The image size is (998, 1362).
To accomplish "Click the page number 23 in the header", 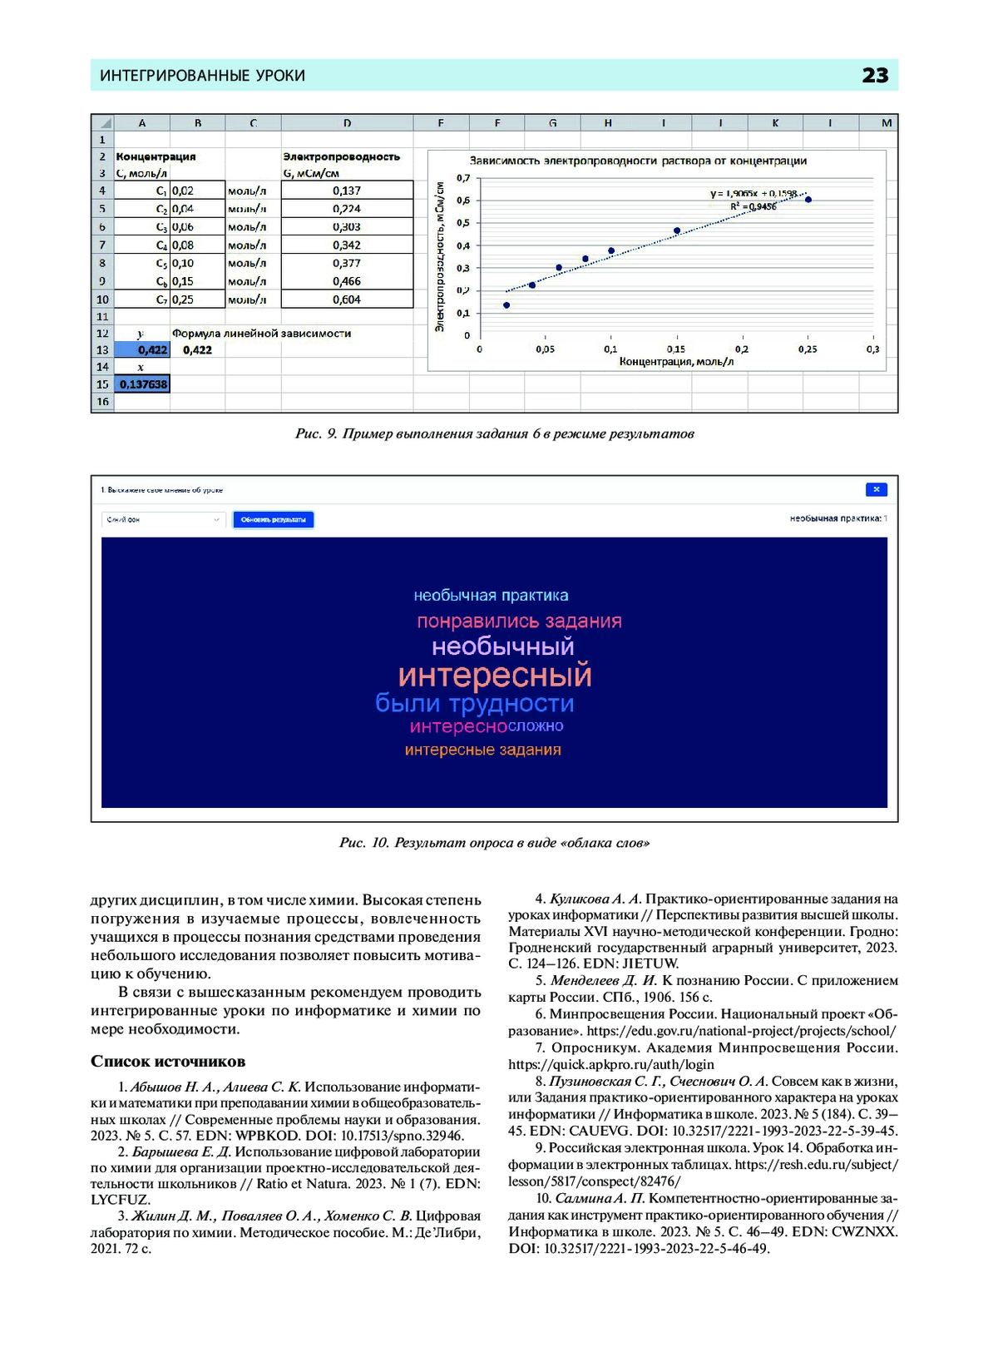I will click(875, 76).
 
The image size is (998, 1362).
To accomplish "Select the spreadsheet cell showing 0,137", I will click(347, 191).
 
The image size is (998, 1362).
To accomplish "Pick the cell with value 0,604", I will click(347, 300).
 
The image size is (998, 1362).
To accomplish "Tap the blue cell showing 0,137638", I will click(142, 384).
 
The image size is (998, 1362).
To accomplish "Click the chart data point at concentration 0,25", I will click(808, 200).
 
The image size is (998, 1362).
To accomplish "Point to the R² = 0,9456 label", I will click(753, 206).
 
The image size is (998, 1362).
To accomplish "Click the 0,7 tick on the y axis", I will click(463, 178).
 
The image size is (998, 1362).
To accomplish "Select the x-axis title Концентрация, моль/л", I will click(675, 362).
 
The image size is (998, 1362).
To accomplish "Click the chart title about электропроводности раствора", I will click(638, 161).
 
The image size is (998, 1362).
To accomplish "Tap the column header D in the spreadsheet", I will click(347, 123).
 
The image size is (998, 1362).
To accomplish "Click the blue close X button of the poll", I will click(876, 489).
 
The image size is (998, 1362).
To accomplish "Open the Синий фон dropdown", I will click(163, 519).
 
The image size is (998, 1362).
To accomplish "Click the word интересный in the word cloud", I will click(495, 675).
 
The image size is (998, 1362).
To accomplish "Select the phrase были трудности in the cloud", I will click(474, 704).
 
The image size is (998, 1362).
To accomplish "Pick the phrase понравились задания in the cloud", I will click(519, 622).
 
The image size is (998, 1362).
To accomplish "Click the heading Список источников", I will click(168, 1062).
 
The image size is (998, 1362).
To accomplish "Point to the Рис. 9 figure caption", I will click(494, 433).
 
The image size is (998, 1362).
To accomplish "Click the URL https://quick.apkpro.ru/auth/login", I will click(611, 1064).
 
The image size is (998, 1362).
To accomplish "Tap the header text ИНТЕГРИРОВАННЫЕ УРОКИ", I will click(202, 76).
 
